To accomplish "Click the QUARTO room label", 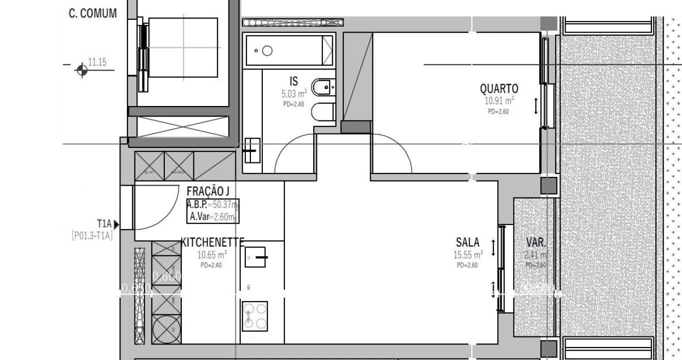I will coord(499,89).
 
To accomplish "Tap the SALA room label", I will coord(467,243).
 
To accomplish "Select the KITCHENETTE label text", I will coord(212,242).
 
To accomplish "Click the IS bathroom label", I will coord(294,81).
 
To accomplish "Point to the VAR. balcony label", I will coord(536,243).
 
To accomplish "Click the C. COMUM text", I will coord(92,13).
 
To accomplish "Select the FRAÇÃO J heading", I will coord(208,191).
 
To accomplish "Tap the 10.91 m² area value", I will coord(499,100).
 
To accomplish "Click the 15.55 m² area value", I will coord(468,255).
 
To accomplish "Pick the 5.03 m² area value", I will coord(294,93).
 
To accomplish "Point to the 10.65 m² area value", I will coord(212,254).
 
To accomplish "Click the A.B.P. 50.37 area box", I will coord(213,204).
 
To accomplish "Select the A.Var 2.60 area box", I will coord(213,217).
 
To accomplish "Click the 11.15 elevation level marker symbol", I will coord(82,70).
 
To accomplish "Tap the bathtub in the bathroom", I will coord(289,50).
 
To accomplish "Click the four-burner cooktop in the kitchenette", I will coord(255,316).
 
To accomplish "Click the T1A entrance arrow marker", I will coord(116,224).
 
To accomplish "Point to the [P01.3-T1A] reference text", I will coord(92,235).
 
